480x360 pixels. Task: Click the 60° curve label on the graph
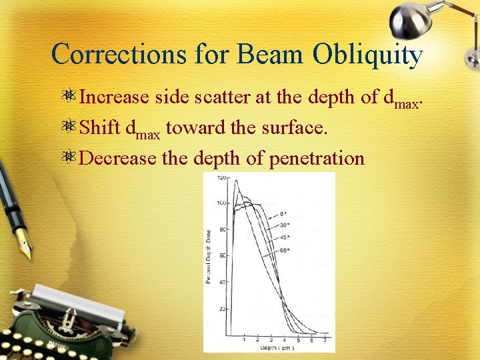285,251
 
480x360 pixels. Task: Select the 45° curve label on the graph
285,237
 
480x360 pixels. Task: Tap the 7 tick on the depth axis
325,340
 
